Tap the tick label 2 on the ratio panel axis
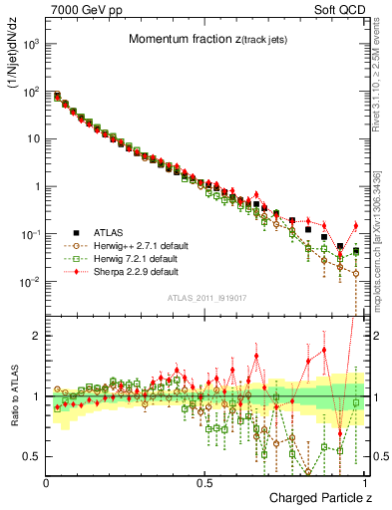(37, 336)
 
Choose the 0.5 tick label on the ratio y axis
(33, 456)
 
